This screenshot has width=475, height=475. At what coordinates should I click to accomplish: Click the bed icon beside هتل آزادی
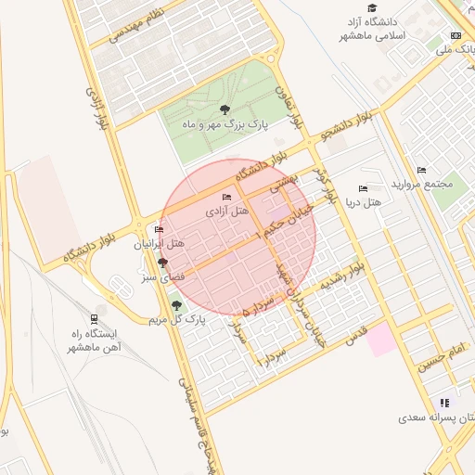[x=225, y=197]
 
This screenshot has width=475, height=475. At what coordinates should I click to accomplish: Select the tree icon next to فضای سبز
[x=163, y=263]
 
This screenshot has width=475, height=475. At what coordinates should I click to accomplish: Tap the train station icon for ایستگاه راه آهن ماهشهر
[x=99, y=318]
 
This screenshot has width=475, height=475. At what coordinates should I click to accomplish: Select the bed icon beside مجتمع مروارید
[x=422, y=171]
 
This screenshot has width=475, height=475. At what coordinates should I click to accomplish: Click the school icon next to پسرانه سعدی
[x=444, y=404]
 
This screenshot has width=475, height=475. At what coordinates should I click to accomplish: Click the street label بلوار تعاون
[x=289, y=107]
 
